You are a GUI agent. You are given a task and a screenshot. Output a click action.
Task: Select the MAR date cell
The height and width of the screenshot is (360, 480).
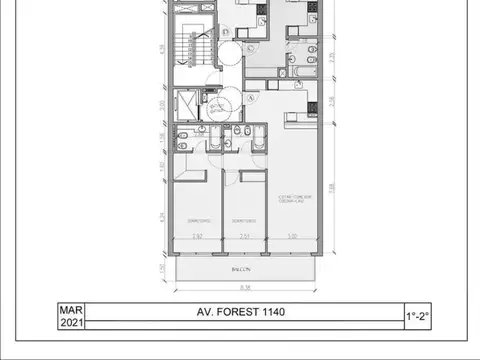click(70, 310)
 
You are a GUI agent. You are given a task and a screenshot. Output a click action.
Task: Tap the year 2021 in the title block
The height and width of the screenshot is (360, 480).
click(70, 323)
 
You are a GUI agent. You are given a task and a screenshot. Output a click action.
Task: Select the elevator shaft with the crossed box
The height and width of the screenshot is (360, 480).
click(187, 103)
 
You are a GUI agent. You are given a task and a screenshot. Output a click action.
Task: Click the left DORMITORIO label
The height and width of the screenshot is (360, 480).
click(197, 220)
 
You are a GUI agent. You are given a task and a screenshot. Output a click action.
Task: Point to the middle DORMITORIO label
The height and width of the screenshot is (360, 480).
click(245, 220)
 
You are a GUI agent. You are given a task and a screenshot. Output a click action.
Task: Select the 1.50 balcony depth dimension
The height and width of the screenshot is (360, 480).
click(163, 268)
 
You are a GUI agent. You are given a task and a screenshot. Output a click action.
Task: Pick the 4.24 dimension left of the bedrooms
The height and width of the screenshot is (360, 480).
click(163, 215)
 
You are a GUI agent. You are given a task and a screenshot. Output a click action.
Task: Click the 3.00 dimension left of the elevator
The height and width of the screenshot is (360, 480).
click(163, 104)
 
